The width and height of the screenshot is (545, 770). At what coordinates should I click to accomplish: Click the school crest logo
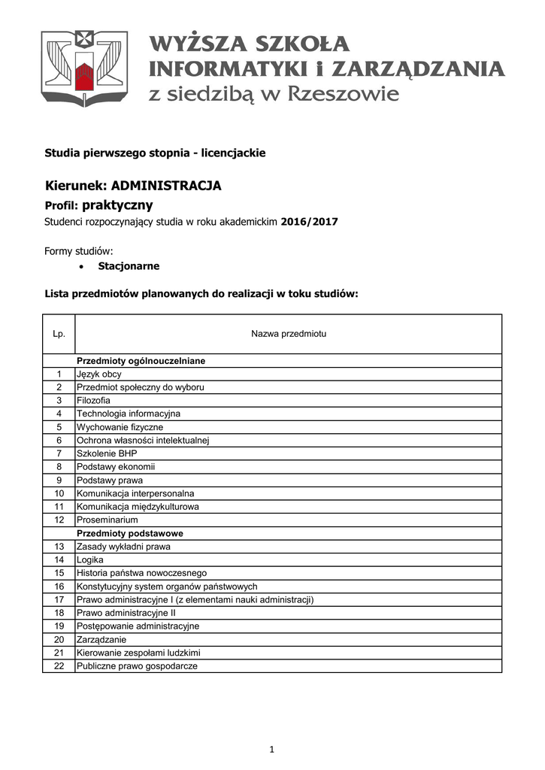tap(84, 68)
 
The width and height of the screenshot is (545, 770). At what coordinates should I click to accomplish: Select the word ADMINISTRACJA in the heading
tap(166, 186)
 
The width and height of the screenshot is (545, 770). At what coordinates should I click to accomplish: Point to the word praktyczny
tap(117, 205)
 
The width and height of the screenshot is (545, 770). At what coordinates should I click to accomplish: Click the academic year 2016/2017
tap(310, 222)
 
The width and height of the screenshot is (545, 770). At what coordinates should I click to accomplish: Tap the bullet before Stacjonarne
tap(82, 266)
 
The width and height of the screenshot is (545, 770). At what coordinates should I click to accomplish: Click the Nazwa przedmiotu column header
tap(288, 333)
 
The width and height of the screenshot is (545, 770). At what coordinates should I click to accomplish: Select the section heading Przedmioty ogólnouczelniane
tap(141, 361)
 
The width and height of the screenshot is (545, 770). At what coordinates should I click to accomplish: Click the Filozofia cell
tap(93, 400)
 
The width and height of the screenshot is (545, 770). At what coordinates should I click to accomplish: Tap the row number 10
tap(59, 493)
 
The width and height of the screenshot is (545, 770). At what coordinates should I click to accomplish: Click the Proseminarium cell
tap(107, 520)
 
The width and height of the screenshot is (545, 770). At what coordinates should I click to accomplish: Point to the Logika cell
tap(90, 559)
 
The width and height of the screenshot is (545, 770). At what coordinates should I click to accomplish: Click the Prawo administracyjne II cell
tap(125, 613)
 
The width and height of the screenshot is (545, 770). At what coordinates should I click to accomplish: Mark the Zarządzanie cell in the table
tap(101, 639)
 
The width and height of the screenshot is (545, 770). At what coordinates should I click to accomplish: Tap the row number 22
tap(59, 665)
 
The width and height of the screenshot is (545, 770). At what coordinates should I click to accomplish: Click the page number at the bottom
tap(272, 749)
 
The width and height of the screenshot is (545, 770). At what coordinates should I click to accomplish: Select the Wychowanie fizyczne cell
tap(120, 427)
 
